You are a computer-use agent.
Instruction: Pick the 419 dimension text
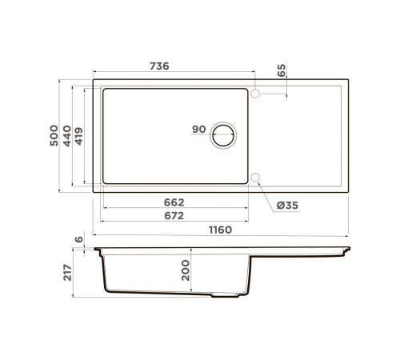click(x=80, y=134)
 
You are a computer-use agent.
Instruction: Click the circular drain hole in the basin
click(x=225, y=134)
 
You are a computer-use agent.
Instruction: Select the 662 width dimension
click(x=174, y=202)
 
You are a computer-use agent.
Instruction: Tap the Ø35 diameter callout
click(x=286, y=206)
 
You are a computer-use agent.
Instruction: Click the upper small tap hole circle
click(x=255, y=94)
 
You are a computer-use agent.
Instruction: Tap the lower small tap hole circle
click(x=255, y=177)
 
